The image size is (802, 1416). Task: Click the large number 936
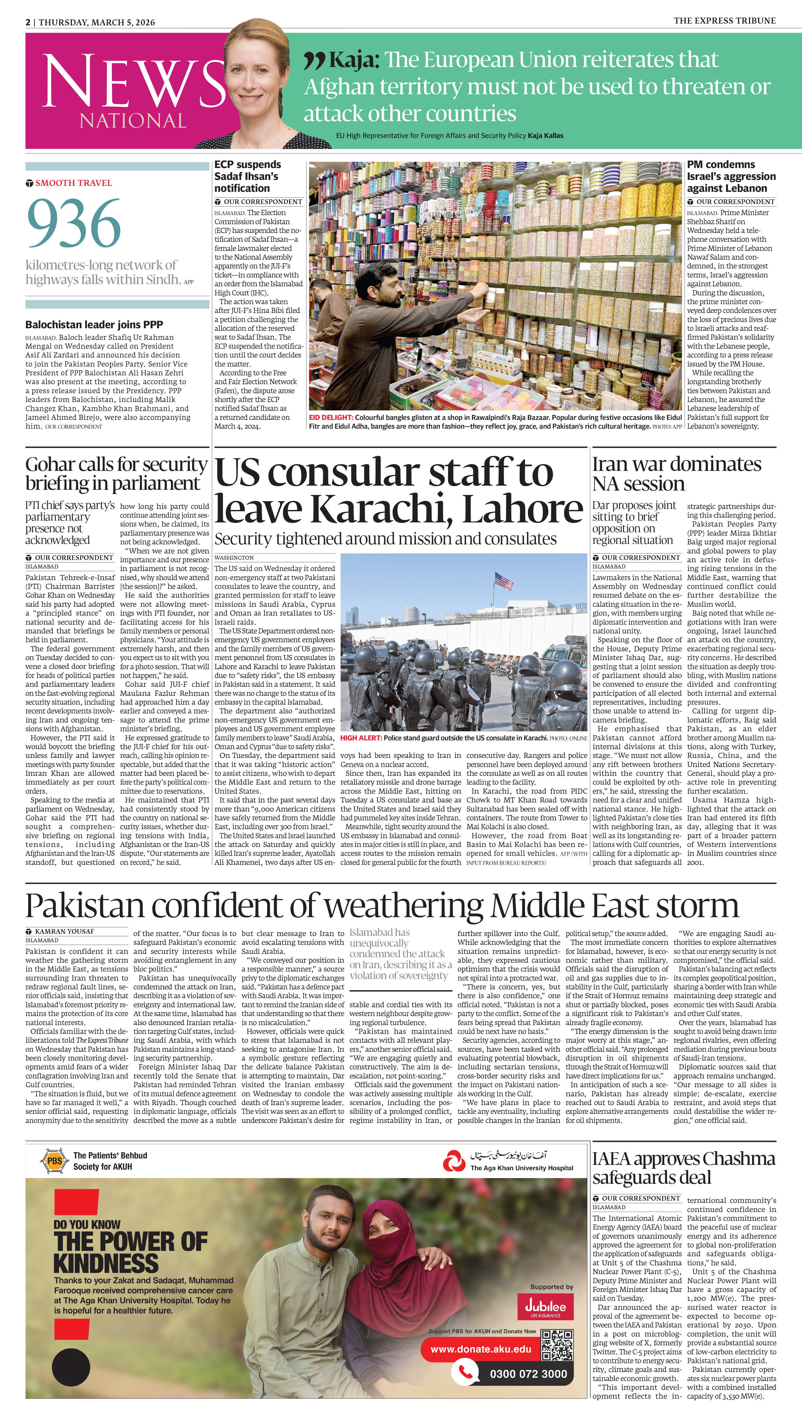point(74,223)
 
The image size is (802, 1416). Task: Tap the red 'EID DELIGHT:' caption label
point(331,417)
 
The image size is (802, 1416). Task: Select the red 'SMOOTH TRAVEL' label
point(73,183)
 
